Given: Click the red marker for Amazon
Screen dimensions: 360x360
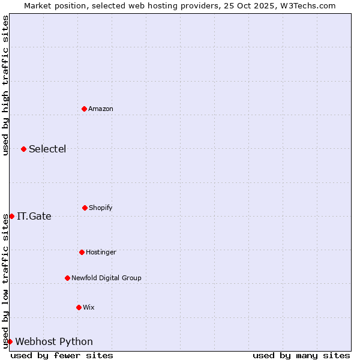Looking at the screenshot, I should tap(84, 109).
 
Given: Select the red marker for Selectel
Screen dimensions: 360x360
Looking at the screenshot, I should tap(23, 149).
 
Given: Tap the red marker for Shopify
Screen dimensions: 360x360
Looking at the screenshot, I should tap(85, 208).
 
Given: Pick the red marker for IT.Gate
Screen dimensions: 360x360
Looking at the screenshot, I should tap(11, 216).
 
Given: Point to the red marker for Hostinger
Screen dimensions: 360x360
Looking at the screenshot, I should tap(82, 252).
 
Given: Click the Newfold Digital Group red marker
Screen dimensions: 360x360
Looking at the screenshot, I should tap(67, 278).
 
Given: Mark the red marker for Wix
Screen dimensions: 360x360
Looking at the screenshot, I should tap(79, 307).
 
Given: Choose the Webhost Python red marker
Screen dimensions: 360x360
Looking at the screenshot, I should tap(10, 341).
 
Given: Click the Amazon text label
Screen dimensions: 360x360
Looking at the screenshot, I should tap(101, 109).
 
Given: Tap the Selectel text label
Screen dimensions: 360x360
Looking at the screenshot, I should tap(47, 149).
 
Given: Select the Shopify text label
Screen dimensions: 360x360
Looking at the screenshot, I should tap(101, 208).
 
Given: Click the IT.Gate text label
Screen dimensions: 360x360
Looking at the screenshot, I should tap(34, 216).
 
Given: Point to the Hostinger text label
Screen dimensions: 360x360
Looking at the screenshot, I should tap(101, 252).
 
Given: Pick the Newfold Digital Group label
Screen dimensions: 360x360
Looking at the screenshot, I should tap(106, 278).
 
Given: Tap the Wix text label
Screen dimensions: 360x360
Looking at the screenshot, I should tap(89, 307).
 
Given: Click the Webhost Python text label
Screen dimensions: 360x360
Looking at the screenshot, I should tap(54, 341).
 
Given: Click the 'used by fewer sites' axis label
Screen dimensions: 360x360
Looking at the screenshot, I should tap(62, 355).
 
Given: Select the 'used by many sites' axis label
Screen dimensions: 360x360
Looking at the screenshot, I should tap(301, 355).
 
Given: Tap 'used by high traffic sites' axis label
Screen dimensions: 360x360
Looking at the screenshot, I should tap(6, 85).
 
